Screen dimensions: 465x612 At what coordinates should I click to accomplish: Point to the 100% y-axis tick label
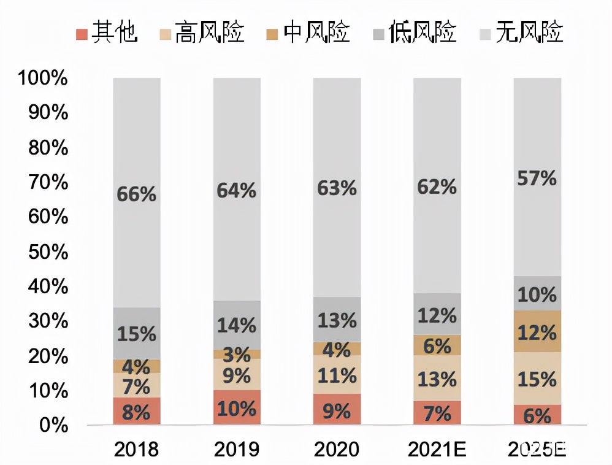click(42, 79)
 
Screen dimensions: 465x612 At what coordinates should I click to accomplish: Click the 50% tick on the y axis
click(47, 252)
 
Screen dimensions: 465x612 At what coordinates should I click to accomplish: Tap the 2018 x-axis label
click(136, 449)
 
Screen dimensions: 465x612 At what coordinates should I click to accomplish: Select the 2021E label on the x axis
click(437, 449)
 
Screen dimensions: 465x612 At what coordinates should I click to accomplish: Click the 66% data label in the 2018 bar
click(136, 194)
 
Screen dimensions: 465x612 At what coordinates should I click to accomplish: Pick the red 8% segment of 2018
click(136, 411)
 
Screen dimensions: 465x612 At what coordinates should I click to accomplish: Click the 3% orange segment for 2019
click(237, 355)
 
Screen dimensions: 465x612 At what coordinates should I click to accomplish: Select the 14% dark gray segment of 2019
click(237, 325)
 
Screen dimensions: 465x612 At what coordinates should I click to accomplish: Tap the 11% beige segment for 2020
click(337, 375)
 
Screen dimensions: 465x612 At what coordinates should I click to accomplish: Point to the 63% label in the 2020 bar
click(337, 188)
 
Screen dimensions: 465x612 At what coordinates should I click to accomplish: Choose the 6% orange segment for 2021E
click(437, 345)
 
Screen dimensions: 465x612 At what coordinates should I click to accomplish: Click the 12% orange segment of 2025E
click(537, 332)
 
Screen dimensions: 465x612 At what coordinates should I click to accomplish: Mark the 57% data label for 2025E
click(537, 179)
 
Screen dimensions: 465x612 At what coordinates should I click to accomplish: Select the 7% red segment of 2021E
click(437, 413)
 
